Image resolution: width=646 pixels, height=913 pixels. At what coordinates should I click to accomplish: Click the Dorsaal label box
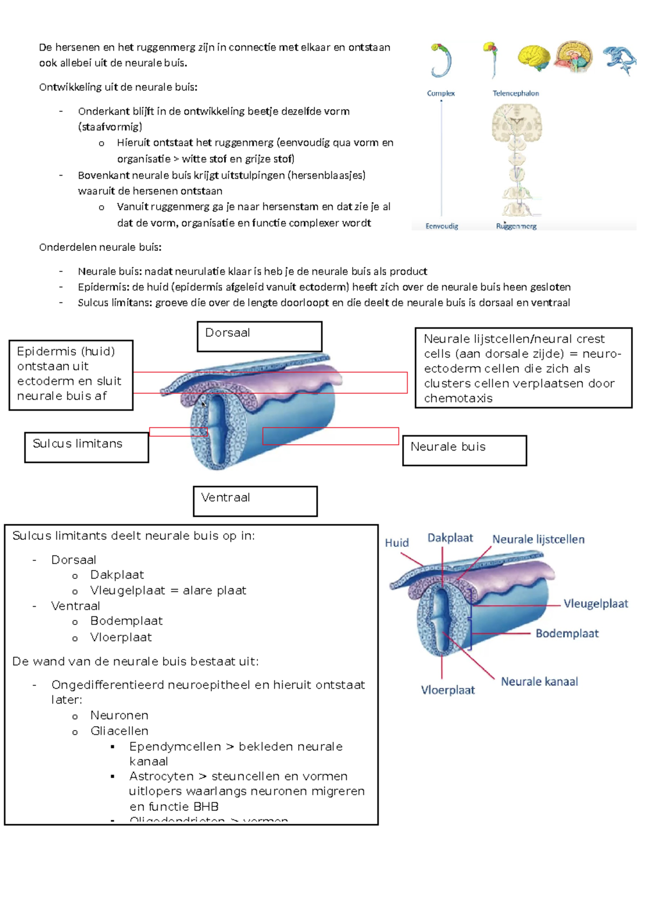coord(259,336)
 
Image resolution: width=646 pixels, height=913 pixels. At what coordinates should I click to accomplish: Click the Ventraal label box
coord(255,501)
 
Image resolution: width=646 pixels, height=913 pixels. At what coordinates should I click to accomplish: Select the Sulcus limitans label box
coord(86,447)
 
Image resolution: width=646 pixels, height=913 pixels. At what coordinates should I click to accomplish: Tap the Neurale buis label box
coord(464,450)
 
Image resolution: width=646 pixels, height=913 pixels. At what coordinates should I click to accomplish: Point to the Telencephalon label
coord(515,93)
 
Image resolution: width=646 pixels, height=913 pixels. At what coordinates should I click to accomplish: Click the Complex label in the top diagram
coord(441,93)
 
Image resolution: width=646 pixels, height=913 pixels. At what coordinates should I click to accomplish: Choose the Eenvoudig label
coord(441,226)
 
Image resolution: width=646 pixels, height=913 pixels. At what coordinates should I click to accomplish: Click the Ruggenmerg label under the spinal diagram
coord(516,226)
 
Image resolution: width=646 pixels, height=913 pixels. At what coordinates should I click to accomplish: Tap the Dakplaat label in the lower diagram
coord(450,538)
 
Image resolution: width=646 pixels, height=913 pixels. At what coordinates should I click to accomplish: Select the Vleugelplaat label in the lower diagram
coord(595,603)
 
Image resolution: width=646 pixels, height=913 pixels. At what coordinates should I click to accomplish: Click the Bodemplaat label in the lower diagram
coord(567,633)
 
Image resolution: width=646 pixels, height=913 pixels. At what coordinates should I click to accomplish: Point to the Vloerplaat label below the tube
coord(448,690)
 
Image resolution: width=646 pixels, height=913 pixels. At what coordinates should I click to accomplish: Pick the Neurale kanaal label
coord(539,682)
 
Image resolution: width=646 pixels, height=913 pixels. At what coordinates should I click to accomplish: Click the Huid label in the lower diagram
coord(397,543)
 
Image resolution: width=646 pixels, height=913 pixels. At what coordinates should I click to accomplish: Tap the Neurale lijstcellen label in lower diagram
coord(538,539)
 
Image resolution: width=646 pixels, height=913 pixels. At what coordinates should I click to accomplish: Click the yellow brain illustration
coord(533,58)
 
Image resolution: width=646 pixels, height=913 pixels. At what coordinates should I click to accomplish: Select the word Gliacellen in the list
coord(120,731)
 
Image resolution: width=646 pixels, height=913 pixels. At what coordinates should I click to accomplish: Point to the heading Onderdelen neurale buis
coord(100,247)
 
